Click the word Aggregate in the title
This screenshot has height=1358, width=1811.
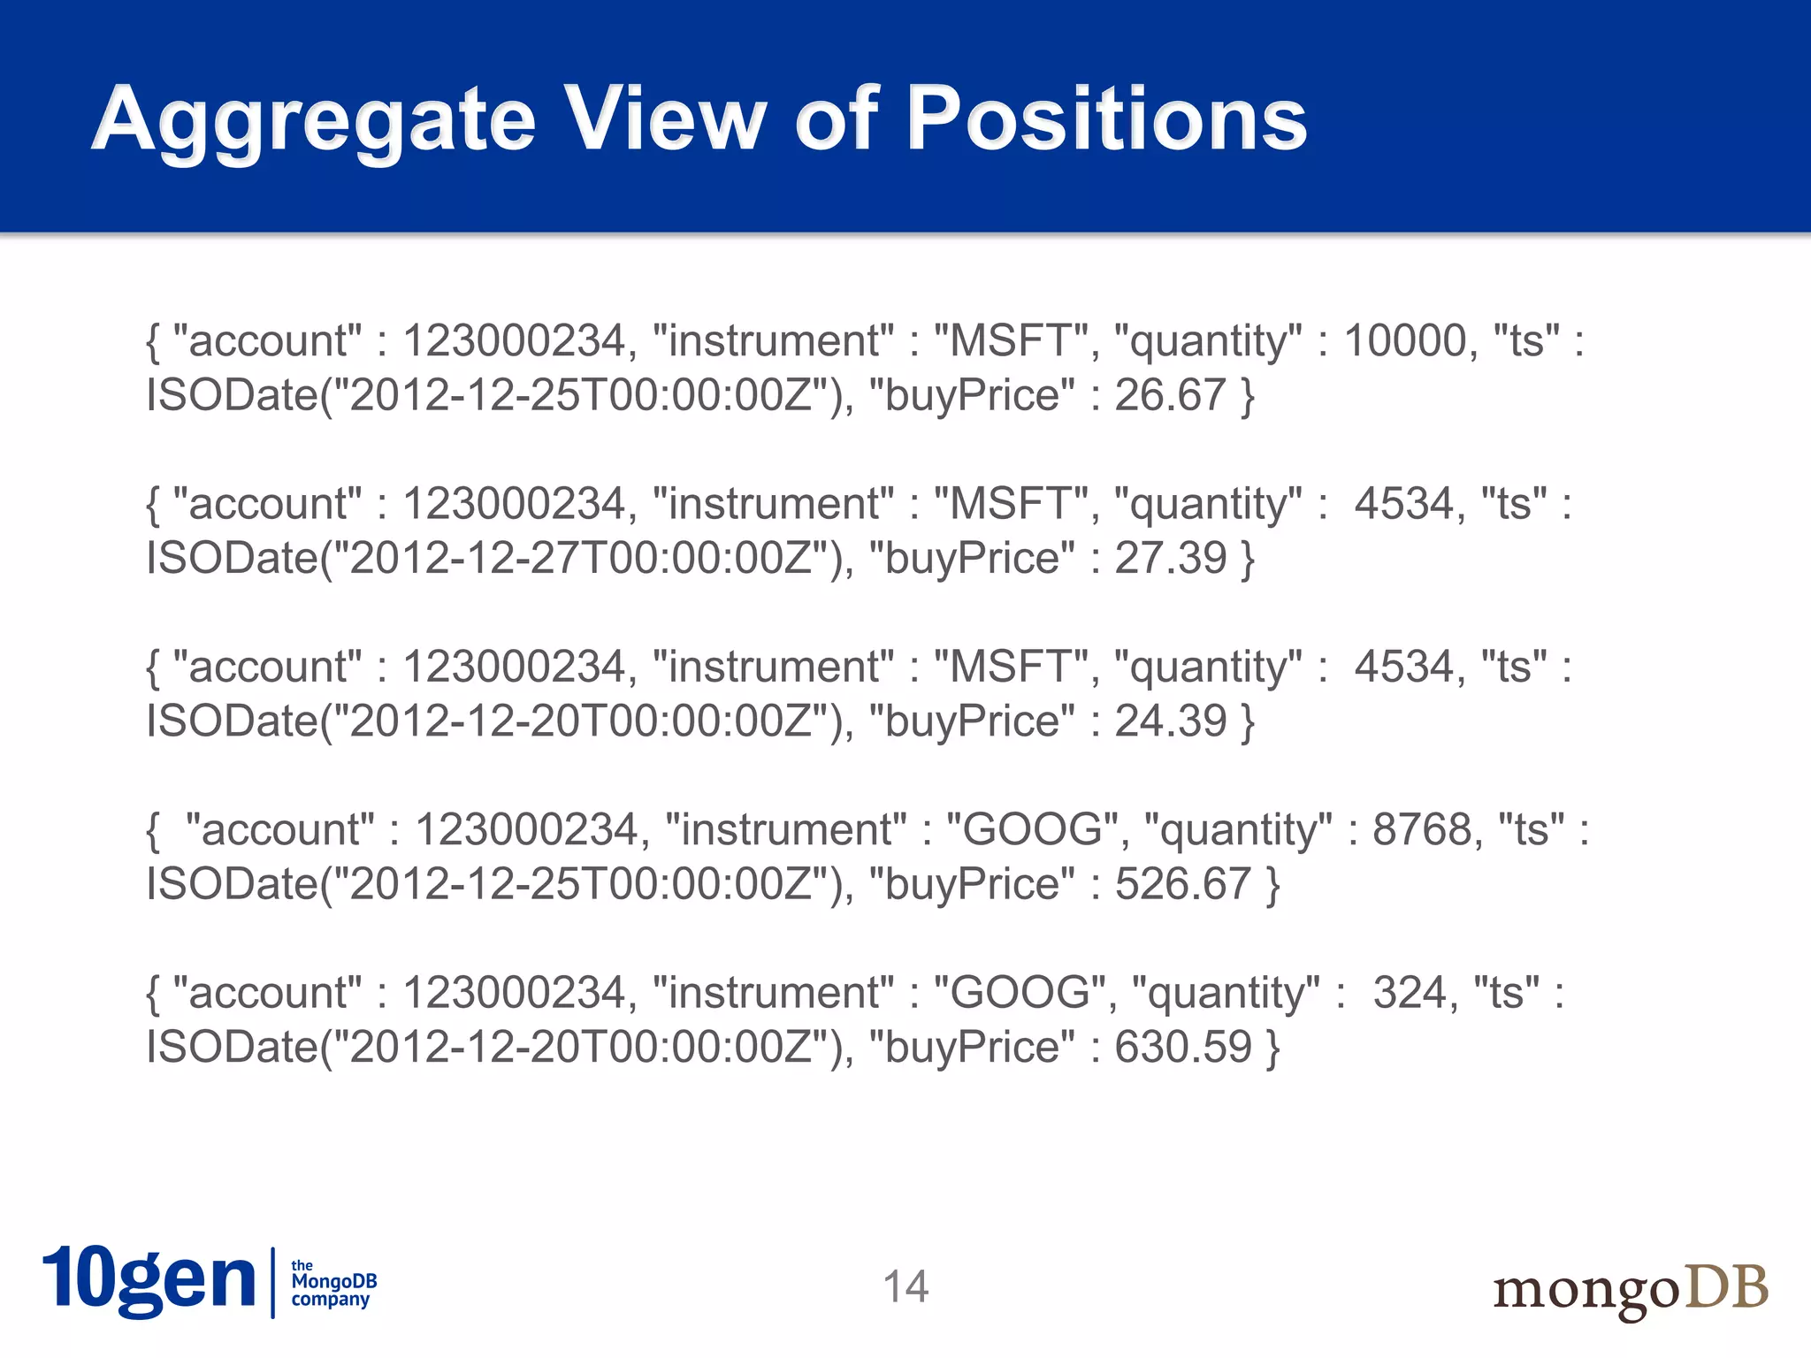click(x=314, y=119)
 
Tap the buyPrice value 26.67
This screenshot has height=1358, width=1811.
click(x=1169, y=395)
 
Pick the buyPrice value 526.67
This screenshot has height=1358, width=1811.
click(x=1182, y=884)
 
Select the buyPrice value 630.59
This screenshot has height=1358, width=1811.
click(x=1182, y=1047)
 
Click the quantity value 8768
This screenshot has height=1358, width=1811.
click(x=1422, y=830)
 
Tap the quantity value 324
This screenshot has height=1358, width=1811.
click(x=1410, y=993)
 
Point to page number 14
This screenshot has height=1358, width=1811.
click(x=905, y=1286)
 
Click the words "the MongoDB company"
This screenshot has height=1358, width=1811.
click(x=333, y=1283)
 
